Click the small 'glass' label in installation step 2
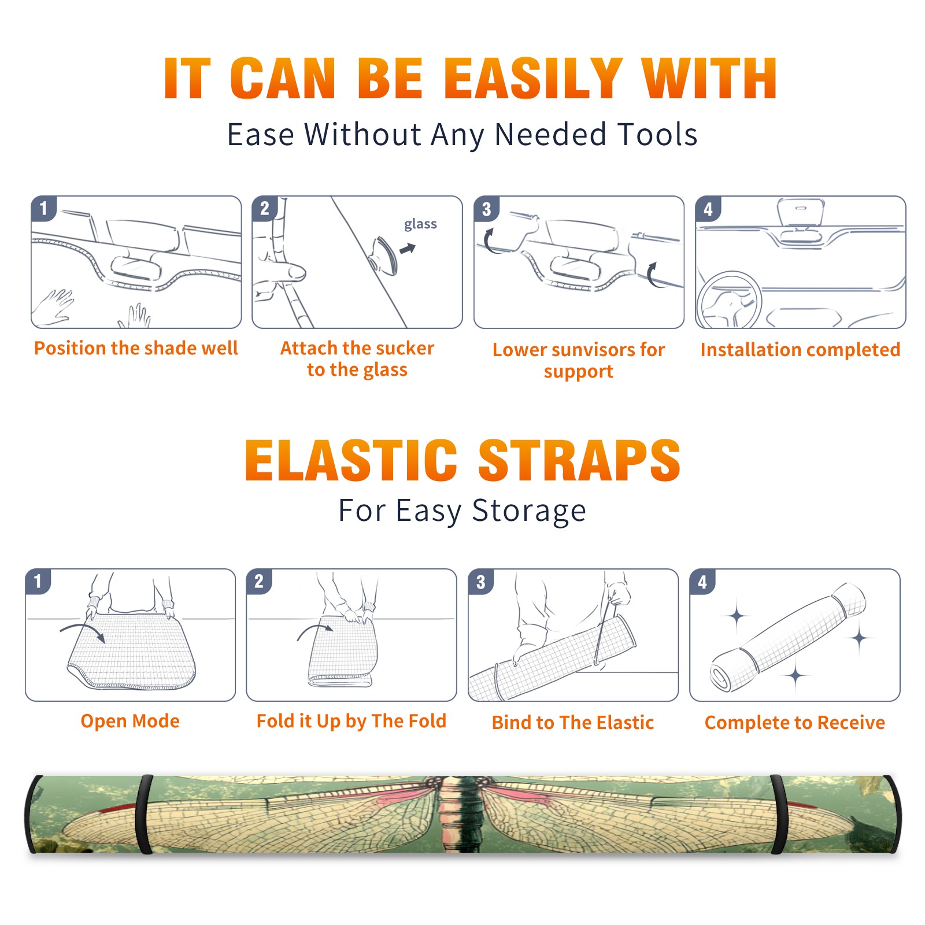(x=420, y=224)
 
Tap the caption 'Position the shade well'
(x=136, y=348)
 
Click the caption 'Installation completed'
(x=800, y=350)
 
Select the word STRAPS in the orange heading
(x=579, y=460)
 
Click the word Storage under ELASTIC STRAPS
(x=529, y=511)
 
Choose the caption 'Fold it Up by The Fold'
(x=351, y=721)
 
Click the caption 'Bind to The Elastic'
(x=573, y=723)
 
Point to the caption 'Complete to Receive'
(x=795, y=723)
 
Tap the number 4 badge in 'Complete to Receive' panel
(x=702, y=582)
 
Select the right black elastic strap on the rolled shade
(x=779, y=814)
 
